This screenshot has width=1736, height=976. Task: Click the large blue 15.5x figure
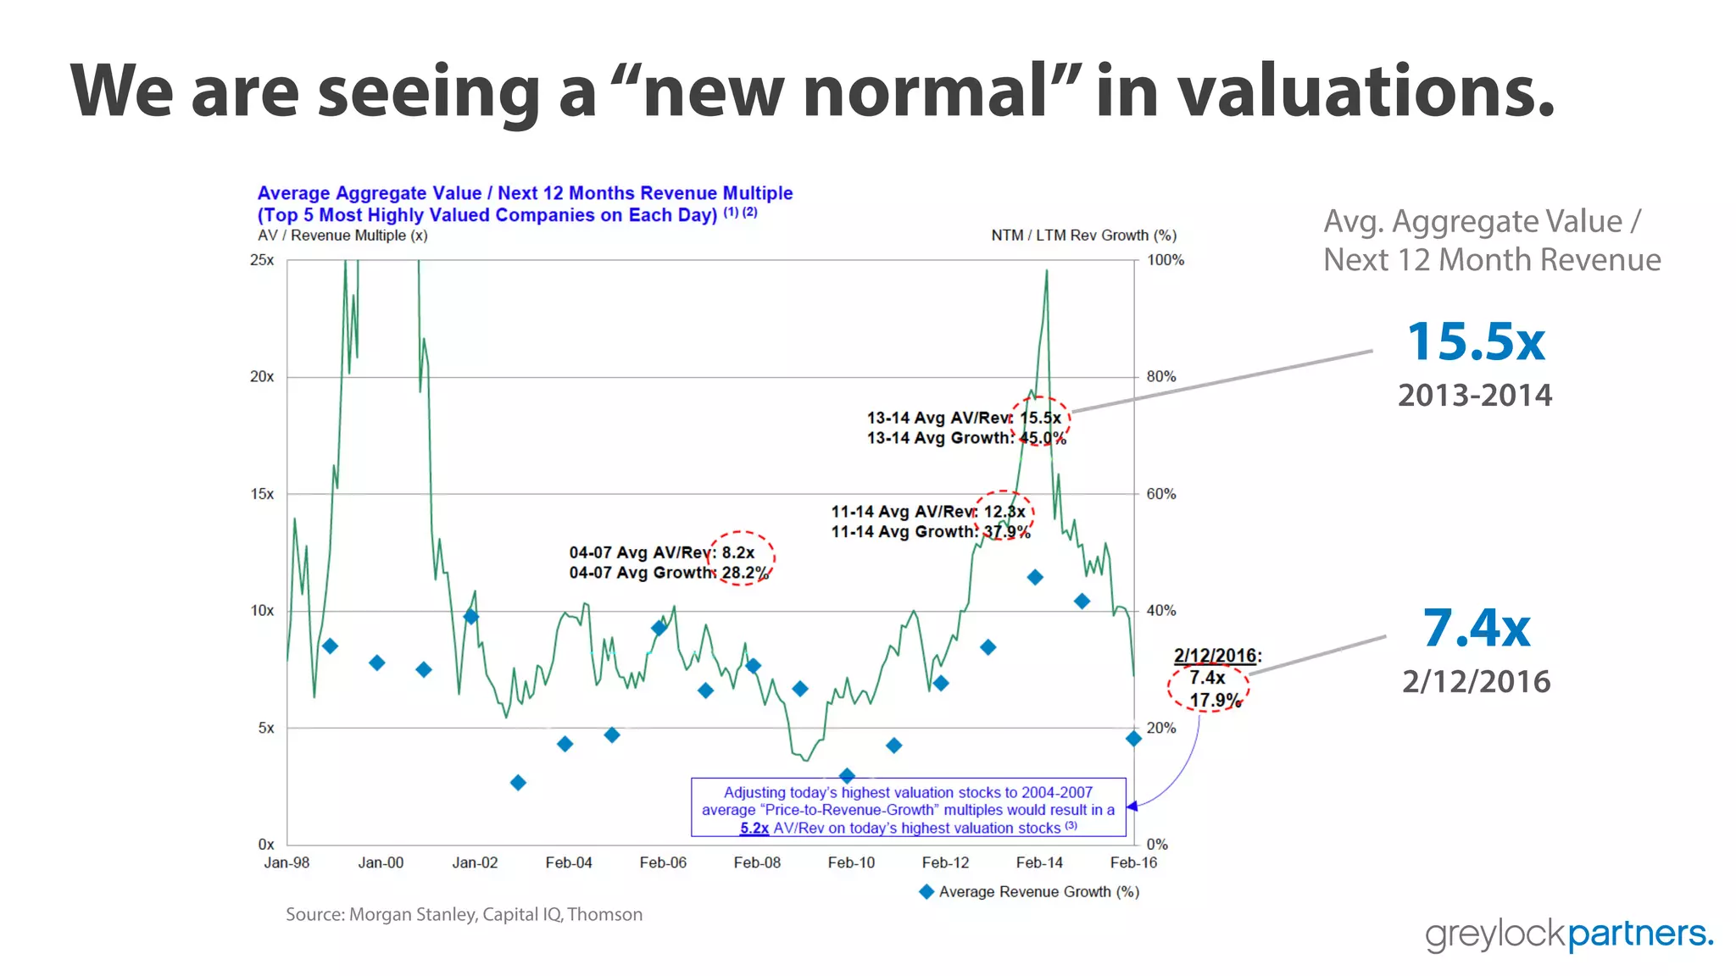point(1476,342)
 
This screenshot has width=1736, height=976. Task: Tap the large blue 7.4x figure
point(1476,629)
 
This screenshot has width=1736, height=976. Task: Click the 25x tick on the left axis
point(262,260)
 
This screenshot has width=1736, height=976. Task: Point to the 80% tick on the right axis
point(1160,376)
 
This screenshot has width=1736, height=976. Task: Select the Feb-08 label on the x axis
point(757,862)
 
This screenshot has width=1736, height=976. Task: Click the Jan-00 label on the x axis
point(381,862)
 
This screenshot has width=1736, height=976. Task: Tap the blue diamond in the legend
point(926,891)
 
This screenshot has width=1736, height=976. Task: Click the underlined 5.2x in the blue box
point(754,829)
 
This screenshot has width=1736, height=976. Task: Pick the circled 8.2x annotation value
point(738,552)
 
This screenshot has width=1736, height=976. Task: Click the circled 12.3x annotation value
point(1004,512)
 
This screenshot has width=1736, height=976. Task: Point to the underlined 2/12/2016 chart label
point(1215,655)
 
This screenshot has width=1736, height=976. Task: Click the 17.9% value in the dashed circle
point(1215,700)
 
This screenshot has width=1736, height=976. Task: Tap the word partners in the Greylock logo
point(1639,934)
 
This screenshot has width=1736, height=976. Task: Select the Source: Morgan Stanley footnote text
point(464,914)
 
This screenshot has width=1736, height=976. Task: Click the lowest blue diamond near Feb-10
point(846,775)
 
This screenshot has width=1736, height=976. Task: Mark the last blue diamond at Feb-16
point(1133,739)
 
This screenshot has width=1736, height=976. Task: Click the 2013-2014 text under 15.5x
point(1475,395)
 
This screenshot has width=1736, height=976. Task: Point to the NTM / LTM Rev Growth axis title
point(1083,236)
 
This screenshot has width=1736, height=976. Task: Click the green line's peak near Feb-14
point(1047,271)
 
